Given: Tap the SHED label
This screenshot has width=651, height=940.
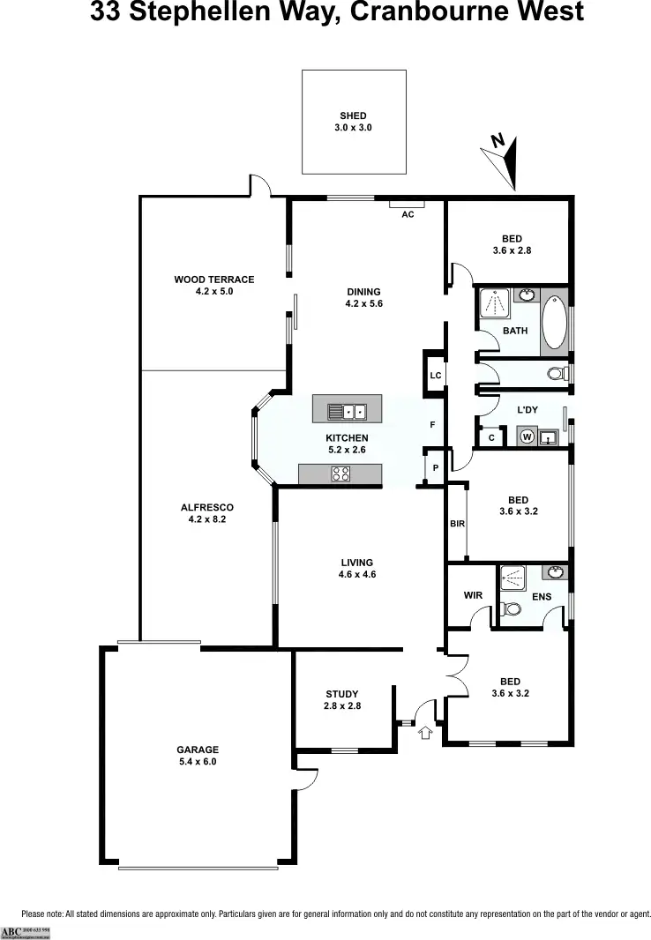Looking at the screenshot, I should click(x=353, y=116).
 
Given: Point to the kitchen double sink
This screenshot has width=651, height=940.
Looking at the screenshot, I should click(x=347, y=411).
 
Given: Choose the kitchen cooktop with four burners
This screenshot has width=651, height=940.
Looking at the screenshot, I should click(x=340, y=474).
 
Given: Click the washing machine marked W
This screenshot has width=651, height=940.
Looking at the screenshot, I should click(x=527, y=436).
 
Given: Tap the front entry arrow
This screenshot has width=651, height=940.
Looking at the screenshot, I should click(x=427, y=732).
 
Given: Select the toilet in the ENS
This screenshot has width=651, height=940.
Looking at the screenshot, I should click(x=509, y=608).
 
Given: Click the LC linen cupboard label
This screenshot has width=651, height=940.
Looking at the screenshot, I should click(x=435, y=376).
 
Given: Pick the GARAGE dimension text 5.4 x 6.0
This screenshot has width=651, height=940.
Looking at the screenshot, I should click(x=198, y=762).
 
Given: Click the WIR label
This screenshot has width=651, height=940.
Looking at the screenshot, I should click(x=473, y=595).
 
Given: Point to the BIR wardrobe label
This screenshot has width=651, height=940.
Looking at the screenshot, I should click(x=457, y=524).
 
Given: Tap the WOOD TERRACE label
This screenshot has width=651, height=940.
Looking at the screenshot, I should click(x=213, y=280).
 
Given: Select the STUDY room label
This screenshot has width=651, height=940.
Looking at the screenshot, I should click(x=342, y=694).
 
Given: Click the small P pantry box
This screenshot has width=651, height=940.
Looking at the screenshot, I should click(x=435, y=467).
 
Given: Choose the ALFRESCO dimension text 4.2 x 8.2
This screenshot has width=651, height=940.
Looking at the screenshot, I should click(x=206, y=519).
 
